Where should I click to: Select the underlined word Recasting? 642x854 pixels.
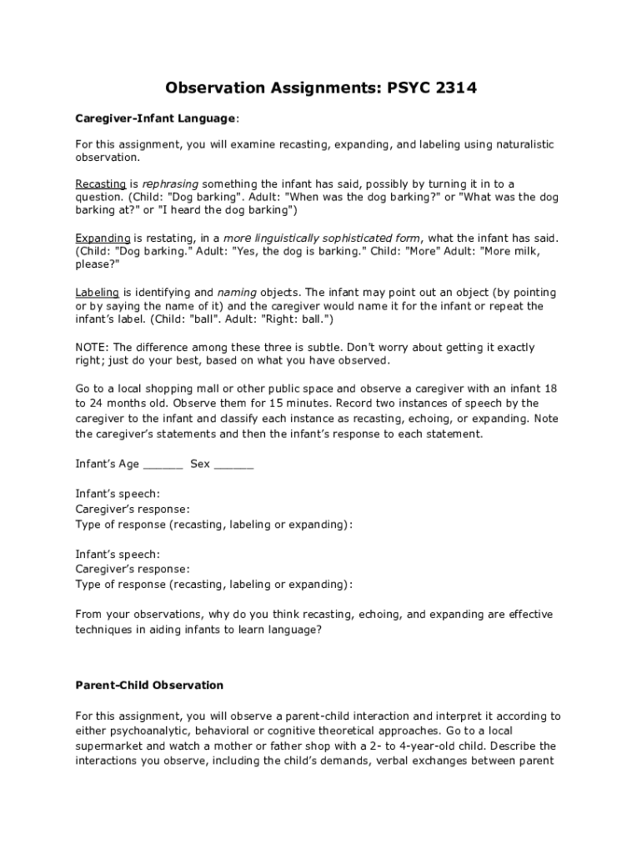coord(100,183)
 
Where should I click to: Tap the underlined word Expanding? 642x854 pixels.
coord(103,238)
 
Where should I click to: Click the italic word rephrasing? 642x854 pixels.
coord(170,183)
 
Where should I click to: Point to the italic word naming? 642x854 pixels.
coord(237,293)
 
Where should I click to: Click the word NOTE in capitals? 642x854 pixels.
coord(91,348)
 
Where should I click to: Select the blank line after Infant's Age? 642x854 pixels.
coord(163,464)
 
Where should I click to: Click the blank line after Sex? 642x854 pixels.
coord(233,464)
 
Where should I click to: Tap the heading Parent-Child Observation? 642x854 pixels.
coord(149,685)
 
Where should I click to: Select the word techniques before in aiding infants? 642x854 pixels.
coord(106,630)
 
